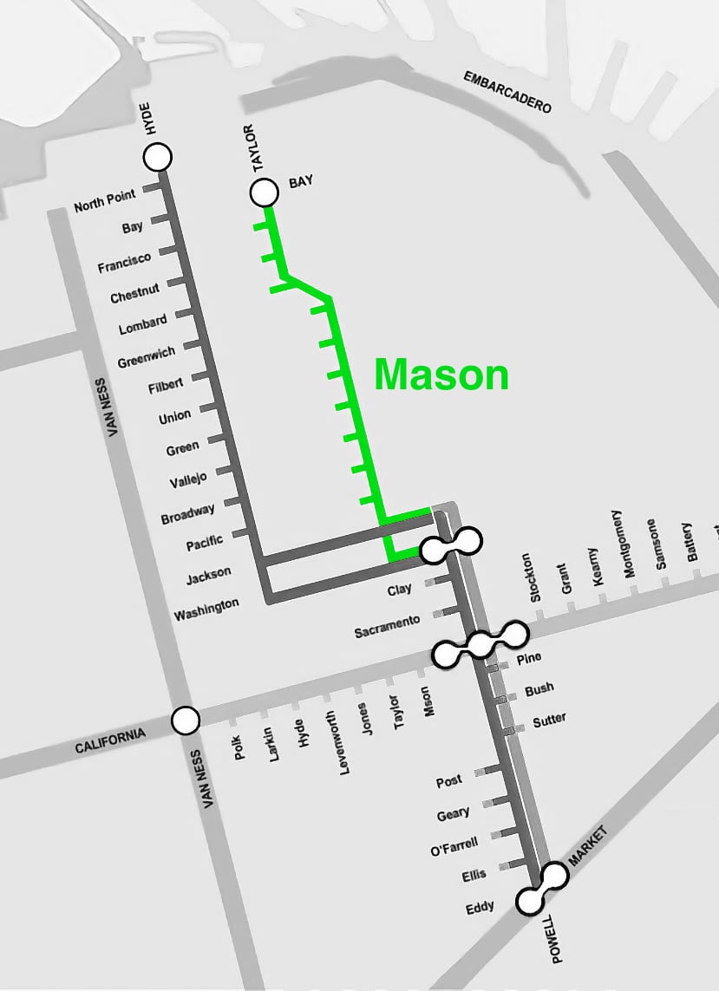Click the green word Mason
441,375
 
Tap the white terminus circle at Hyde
158,157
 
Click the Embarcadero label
507,92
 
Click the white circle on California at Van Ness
185,720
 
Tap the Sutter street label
550,719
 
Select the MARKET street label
589,846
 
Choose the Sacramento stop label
387,626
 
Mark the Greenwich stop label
147,356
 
